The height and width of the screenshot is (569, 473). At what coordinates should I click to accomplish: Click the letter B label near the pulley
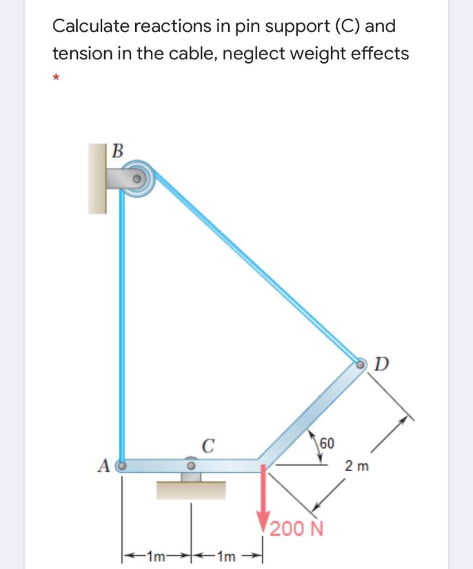point(118,150)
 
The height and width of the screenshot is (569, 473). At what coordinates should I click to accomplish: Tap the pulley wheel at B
point(137,179)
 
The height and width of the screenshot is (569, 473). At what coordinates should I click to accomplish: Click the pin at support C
point(191,463)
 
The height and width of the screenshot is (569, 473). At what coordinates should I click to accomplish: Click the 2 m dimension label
point(357,465)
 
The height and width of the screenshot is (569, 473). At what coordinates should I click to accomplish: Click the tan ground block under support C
point(191,490)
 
